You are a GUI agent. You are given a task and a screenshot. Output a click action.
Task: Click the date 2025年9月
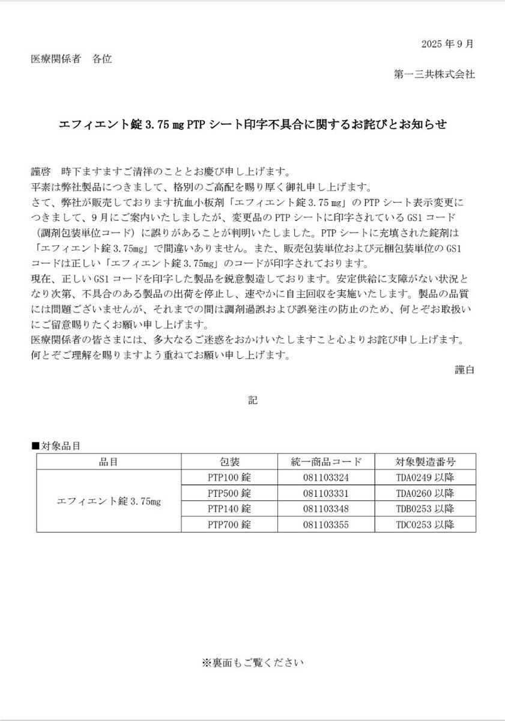point(447,44)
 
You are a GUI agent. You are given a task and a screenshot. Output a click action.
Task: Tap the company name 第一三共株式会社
point(434,75)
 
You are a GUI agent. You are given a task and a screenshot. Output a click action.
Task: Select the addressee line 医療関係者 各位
point(71,59)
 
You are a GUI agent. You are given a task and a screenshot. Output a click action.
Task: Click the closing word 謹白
point(464,370)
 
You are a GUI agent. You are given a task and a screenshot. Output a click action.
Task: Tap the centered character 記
point(253,400)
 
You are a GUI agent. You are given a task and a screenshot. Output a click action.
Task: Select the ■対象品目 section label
point(55,446)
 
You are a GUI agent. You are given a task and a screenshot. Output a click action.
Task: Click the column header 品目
point(109,462)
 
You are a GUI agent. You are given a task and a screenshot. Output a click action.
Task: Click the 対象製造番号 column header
point(425,462)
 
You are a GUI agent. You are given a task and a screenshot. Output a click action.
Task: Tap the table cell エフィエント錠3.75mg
point(109,501)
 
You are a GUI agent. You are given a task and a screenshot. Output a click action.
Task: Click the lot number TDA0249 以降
point(425,478)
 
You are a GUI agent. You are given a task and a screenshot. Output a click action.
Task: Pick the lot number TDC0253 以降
point(425,525)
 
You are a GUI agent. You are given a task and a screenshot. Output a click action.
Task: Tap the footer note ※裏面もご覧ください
point(253,663)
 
